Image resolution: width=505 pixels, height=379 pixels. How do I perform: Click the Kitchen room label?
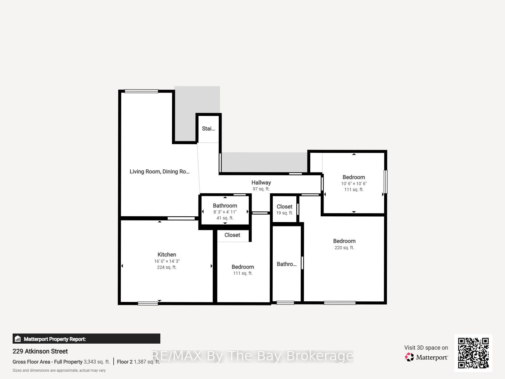pyautogui.click(x=167, y=255)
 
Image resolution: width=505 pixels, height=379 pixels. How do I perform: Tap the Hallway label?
pyautogui.click(x=261, y=183)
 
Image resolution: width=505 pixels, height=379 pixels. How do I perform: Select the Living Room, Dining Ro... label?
pyautogui.click(x=159, y=171)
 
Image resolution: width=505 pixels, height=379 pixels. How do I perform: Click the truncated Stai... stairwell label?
pyautogui.click(x=208, y=129)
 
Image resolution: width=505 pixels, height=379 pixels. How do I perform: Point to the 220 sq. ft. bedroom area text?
pyautogui.click(x=344, y=248)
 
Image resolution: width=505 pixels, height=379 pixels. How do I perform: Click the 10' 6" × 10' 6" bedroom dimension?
pyautogui.click(x=353, y=183)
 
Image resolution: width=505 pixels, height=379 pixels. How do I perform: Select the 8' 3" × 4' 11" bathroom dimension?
pyautogui.click(x=225, y=212)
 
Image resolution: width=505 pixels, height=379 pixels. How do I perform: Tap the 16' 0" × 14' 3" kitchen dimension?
pyautogui.click(x=167, y=261)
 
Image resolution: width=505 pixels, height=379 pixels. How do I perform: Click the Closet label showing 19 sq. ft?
pyautogui.click(x=284, y=207)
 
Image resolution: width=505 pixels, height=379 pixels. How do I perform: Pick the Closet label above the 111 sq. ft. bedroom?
pyautogui.click(x=232, y=235)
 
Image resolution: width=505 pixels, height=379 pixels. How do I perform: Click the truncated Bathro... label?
pyautogui.click(x=287, y=264)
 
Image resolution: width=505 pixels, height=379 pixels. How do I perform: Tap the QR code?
pyautogui.click(x=473, y=353)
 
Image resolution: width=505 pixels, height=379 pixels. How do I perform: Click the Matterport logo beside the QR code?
pyautogui.click(x=426, y=357)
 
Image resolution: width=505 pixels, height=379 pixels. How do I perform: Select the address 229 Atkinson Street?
pyautogui.click(x=40, y=351)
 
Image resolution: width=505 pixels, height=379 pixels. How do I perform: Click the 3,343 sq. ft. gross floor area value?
pyautogui.click(x=97, y=362)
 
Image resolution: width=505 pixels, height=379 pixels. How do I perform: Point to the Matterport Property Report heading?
pyautogui.click(x=55, y=339)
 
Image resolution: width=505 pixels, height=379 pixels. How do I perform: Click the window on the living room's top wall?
pyautogui.click(x=141, y=91)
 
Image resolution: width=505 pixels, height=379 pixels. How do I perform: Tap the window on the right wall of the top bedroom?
pyautogui.click(x=385, y=182)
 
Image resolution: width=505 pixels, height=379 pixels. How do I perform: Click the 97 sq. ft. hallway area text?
pyautogui.click(x=261, y=189)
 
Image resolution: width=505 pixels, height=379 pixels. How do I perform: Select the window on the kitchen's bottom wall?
pyautogui.click(x=148, y=304)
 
